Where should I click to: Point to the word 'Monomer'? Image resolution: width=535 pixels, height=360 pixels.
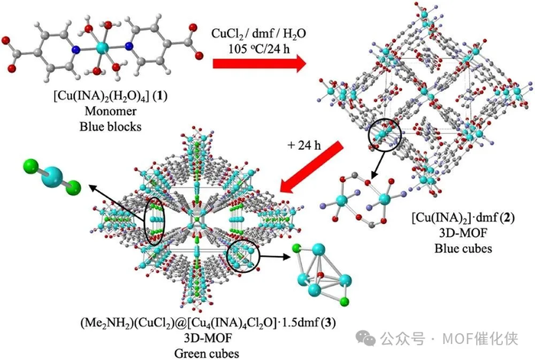101,115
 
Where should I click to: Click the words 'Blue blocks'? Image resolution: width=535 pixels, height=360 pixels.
101,128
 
